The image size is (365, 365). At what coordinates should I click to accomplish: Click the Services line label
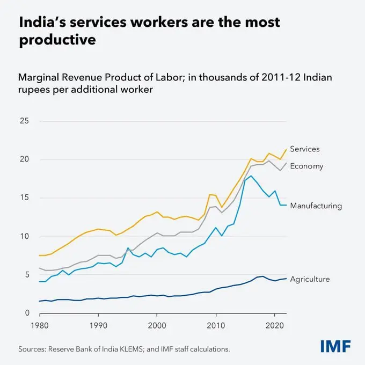(x=305, y=149)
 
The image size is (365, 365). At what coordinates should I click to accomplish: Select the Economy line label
(x=306, y=166)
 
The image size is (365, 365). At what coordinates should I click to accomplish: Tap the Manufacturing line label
(x=316, y=206)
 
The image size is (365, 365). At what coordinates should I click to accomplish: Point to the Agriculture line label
(x=310, y=279)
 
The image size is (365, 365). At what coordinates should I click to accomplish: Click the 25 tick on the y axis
(x=24, y=121)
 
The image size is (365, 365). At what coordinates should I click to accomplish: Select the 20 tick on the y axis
(x=24, y=159)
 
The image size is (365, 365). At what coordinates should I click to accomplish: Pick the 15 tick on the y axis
(x=24, y=198)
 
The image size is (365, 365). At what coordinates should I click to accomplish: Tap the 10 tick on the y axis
(x=24, y=236)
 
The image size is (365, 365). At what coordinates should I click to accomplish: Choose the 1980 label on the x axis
(x=39, y=326)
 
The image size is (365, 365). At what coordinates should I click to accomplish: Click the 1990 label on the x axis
(x=97, y=326)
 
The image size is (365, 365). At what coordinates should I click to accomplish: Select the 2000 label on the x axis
(x=156, y=326)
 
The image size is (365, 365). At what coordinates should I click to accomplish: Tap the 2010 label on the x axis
(x=215, y=326)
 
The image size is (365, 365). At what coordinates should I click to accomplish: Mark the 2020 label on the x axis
(x=274, y=326)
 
